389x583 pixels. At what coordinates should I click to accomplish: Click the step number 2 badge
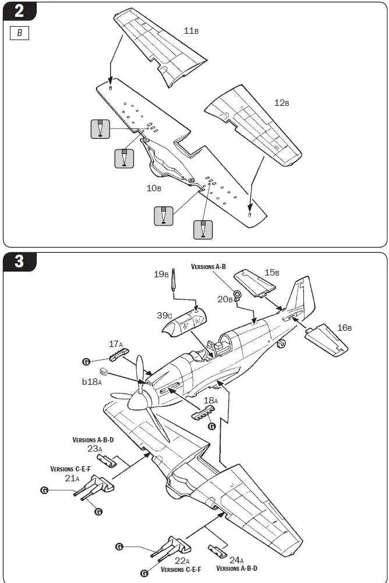point(19,11)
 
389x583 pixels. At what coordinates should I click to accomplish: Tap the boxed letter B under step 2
point(19,33)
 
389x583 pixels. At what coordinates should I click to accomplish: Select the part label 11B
point(191,30)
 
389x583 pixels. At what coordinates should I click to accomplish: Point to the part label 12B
point(281,103)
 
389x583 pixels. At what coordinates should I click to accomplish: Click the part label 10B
point(154,188)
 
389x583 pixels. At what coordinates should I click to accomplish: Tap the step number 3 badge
point(19,262)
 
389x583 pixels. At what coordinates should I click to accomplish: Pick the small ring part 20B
point(238,294)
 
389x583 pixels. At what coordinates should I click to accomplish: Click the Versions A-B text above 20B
point(208,266)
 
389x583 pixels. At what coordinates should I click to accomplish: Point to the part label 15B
point(272,273)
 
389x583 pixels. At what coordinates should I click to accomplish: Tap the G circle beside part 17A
point(86,362)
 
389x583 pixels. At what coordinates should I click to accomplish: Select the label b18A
point(91,381)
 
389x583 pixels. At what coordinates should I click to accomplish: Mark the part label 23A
point(95,449)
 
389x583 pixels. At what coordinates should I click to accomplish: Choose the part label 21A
point(72,478)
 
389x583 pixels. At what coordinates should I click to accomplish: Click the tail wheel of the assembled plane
point(281,345)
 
